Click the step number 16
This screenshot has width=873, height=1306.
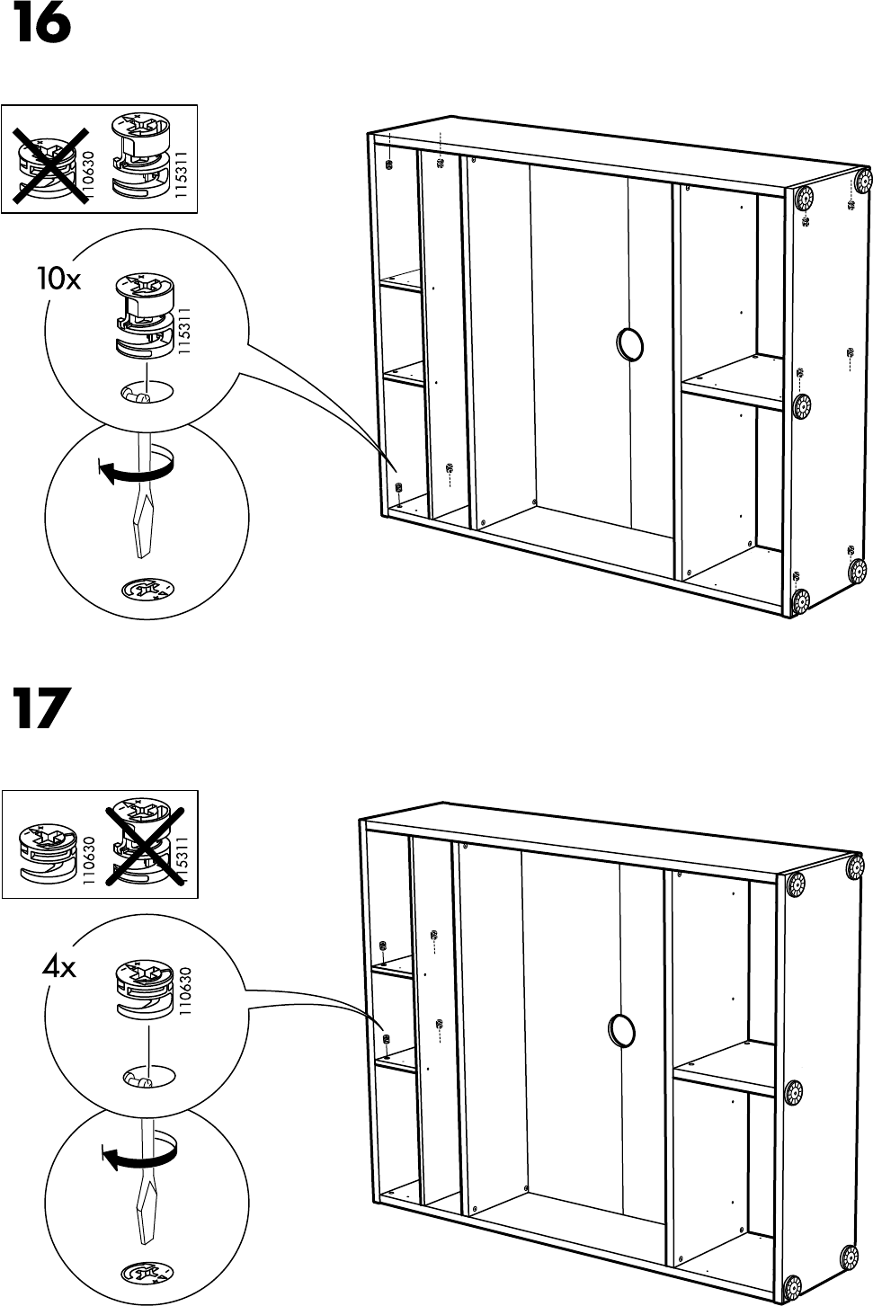(x=40, y=26)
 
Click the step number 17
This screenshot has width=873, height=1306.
(x=40, y=709)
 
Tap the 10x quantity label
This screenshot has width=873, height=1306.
(x=58, y=280)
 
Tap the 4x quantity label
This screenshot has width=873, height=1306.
(x=59, y=968)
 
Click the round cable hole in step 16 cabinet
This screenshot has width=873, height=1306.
(x=630, y=344)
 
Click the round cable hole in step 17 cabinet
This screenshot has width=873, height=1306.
(x=619, y=1029)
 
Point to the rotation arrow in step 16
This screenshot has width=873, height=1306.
(x=134, y=467)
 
